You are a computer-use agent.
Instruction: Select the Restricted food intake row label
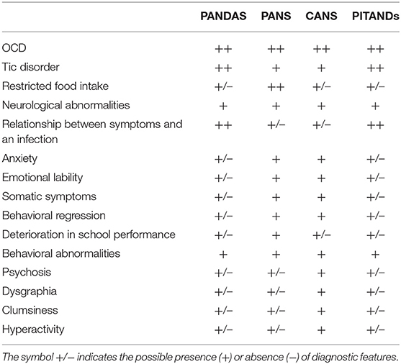coord(48,86)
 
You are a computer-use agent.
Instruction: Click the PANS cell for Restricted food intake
coord(276,86)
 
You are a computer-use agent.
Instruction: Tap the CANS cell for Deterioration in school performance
coord(323,235)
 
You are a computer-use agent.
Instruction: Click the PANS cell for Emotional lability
coord(276,177)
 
